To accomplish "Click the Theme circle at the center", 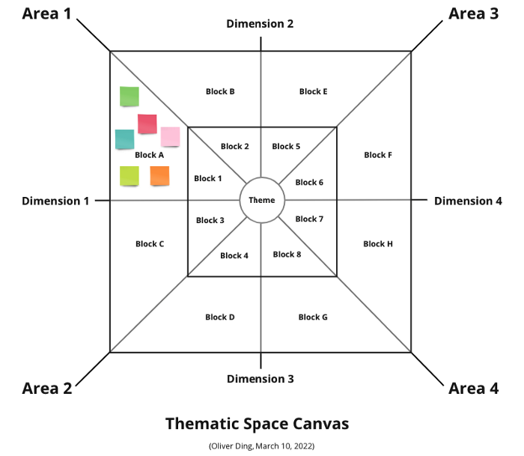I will pos(262,200).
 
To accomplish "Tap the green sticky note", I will pos(130,96).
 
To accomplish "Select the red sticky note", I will pos(147,124).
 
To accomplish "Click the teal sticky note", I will pos(124,139).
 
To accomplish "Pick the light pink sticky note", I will pos(170,136).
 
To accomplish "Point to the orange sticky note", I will pos(159,176).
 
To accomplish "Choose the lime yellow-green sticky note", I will pos(130,176).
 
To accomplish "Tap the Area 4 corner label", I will pos(473,388).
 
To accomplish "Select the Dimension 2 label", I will pos(260,24).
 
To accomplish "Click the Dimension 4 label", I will pos(468,201).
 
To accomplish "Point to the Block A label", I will pos(150,155).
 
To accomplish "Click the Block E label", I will pos(313,91).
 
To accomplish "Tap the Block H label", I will pos(378,243).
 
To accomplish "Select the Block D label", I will pos(220,317).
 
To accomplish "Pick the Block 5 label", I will pos(286,146).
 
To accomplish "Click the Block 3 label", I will pos(210,220).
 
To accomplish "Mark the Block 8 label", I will pos(287,254).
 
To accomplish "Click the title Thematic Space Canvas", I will pos(257,423).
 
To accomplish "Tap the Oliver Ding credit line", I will pos(261,446).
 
